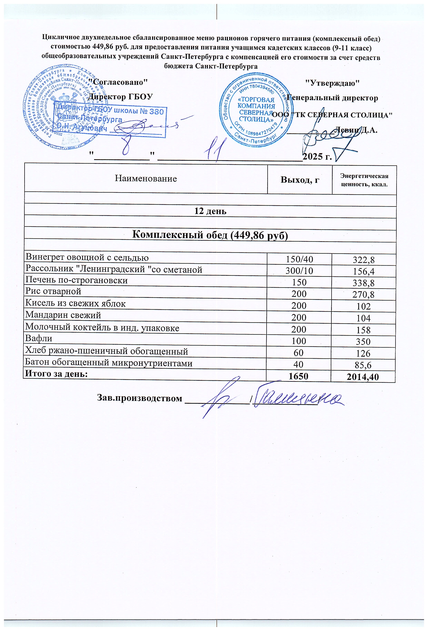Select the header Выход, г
tap(300, 180)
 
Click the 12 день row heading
tap(210, 211)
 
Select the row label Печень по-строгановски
tap(77, 281)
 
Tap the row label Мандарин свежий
tap(63, 315)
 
